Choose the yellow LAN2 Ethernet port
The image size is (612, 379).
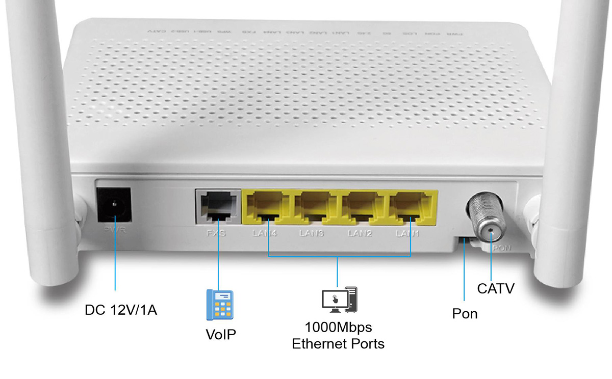363,207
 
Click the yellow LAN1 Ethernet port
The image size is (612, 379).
411,207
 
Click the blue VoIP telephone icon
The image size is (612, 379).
219,305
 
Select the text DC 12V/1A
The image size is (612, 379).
121,310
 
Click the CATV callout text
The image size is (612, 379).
496,289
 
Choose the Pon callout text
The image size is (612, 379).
465,313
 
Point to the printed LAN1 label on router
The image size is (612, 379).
408,234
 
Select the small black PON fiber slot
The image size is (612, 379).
464,240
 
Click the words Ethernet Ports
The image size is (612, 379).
338,344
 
